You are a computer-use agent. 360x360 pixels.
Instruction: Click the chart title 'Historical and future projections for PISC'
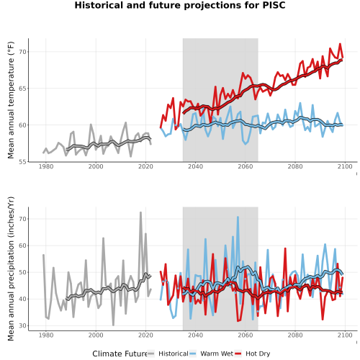click(180, 5)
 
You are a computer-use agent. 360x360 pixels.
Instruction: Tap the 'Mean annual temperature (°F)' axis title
click(11, 100)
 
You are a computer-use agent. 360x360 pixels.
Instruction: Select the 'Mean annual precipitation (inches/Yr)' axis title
click(11, 269)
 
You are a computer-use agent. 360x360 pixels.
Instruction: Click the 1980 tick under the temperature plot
click(46, 166)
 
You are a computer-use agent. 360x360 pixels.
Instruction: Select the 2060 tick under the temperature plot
click(246, 166)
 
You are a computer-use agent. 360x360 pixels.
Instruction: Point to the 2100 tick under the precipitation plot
click(345, 335)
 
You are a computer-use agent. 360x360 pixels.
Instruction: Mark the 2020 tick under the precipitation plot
click(145, 335)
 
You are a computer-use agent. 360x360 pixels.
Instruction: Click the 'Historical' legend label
click(174, 354)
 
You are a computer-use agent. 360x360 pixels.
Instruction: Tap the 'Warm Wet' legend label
click(217, 354)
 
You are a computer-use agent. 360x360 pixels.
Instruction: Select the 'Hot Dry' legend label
click(258, 354)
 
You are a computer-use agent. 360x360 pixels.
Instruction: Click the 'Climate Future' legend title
click(120, 354)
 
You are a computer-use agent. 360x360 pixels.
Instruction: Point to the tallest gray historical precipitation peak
click(141, 212)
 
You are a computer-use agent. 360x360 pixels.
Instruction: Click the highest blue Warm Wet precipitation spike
click(238, 217)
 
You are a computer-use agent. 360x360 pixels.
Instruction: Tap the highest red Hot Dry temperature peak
click(340, 44)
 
